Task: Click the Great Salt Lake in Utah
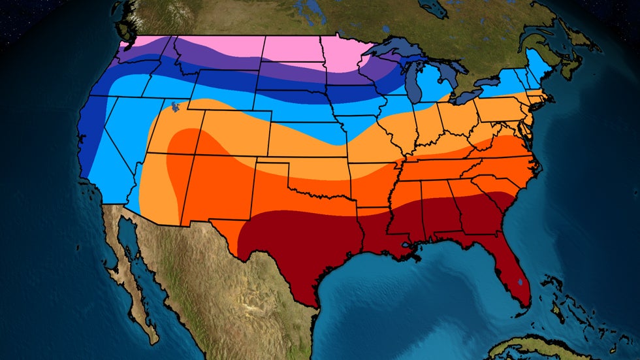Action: click(174, 106)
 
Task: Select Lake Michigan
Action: click(412, 81)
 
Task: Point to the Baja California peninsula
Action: click(134, 274)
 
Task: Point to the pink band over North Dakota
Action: click(294, 50)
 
